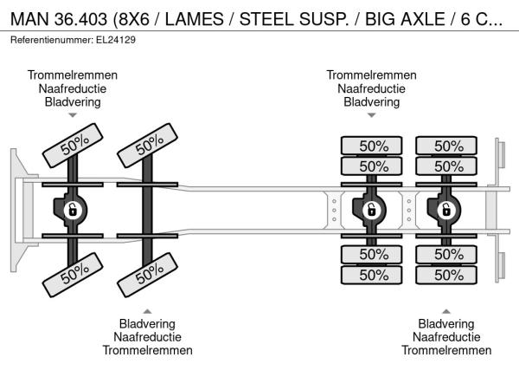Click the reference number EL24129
point(116,40)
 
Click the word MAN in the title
point(29,19)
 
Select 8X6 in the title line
point(134,19)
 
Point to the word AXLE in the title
point(423,19)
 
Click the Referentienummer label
point(52,40)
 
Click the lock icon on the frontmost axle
point(73,211)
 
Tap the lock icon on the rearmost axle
point(446,211)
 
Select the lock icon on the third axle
point(371,211)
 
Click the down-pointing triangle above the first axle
point(73,115)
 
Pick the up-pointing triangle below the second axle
point(147,311)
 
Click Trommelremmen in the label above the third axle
point(371,75)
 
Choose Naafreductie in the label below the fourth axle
point(446,337)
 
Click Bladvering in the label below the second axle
point(147,323)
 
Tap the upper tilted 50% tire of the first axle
point(73,146)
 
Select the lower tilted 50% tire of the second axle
point(148,275)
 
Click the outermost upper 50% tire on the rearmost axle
point(446,146)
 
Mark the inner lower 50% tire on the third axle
point(371,254)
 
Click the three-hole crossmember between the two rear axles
point(409,211)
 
